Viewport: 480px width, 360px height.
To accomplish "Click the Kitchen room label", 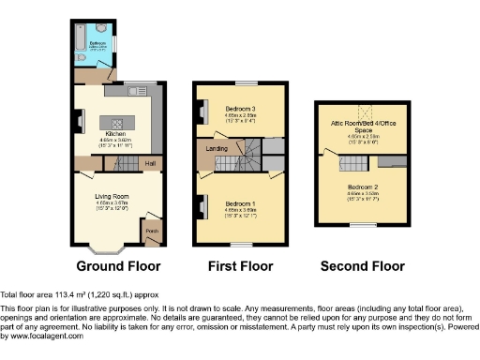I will (116, 134).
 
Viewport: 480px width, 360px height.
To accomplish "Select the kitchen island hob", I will (117, 123).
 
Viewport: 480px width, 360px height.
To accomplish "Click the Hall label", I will (149, 163).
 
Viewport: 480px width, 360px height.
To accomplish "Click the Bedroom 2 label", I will (355, 187).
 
